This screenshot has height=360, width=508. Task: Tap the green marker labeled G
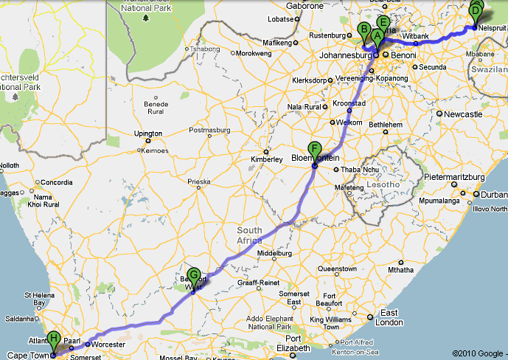[194, 277]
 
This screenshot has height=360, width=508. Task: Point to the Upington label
[147, 134]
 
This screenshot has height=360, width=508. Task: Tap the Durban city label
[490, 194]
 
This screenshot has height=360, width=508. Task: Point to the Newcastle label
[462, 114]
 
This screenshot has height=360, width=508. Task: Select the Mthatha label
[401, 271]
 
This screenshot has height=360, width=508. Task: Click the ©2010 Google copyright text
[479, 353]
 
